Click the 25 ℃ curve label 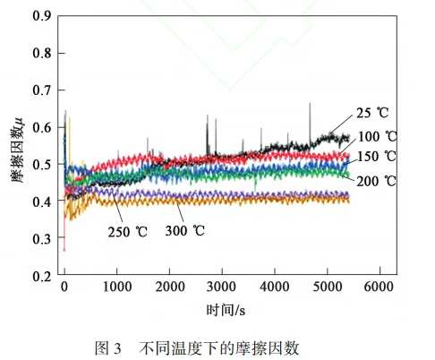[x=372, y=113]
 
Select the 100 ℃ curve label [x=377, y=136]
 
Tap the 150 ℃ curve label [x=377, y=157]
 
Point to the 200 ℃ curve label [x=376, y=181]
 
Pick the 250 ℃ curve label [x=128, y=232]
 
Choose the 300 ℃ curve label [x=185, y=230]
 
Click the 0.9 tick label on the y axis [x=42, y=16]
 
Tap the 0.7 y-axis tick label [x=42, y=90]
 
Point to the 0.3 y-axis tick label [x=42, y=239]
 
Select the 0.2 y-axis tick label [x=42, y=276]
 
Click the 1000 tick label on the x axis [x=117, y=287]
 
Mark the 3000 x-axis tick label [x=221, y=287]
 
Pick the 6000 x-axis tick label [x=379, y=287]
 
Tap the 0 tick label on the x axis [x=64, y=287]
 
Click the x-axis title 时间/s [x=226, y=310]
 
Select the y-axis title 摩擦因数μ [x=17, y=150]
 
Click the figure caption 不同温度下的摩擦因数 [x=218, y=348]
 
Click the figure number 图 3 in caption [x=108, y=348]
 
